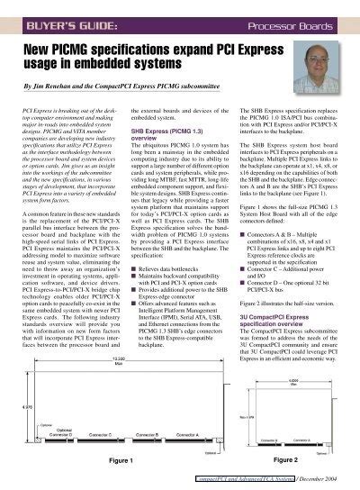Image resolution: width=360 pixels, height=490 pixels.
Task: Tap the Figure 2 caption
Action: [288, 460]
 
